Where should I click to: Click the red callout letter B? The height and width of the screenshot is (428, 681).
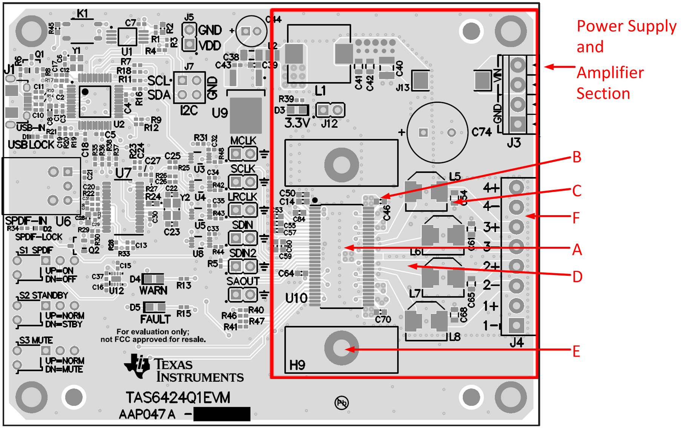[577, 157]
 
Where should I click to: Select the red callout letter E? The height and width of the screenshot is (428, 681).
[576, 351]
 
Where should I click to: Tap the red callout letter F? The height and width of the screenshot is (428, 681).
[576, 218]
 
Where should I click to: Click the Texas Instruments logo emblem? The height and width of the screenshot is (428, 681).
[138, 365]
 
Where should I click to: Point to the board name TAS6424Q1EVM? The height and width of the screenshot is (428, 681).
[178, 398]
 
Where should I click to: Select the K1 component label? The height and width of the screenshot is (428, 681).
[82, 14]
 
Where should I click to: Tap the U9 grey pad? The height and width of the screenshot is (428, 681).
[245, 115]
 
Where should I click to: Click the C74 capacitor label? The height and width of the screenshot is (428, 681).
[482, 132]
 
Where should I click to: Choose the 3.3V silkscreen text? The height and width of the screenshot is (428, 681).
[297, 123]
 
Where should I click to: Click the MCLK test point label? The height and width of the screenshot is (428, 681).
[243, 141]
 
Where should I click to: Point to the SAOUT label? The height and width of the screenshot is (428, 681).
[243, 281]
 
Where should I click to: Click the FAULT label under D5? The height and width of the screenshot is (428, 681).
[155, 319]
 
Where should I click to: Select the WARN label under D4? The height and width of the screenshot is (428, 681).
[153, 290]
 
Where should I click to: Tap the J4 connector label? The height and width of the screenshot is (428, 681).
[516, 342]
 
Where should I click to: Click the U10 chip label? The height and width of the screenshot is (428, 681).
[296, 298]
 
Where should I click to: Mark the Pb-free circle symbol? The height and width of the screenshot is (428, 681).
[342, 403]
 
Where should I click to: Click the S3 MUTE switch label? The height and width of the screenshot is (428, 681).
[36, 341]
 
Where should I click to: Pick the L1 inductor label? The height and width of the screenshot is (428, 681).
[320, 90]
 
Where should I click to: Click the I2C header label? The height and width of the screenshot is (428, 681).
[189, 110]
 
